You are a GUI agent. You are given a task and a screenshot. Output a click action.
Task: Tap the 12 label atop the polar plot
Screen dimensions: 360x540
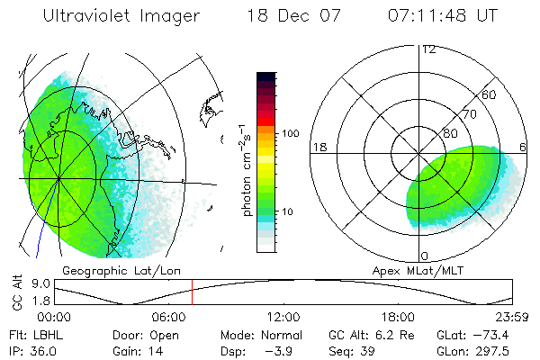click(x=428, y=49)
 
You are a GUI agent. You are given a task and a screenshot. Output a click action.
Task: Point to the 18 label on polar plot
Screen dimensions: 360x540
click(x=318, y=147)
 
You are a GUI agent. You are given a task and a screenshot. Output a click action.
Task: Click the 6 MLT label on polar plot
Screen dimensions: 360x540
click(x=525, y=147)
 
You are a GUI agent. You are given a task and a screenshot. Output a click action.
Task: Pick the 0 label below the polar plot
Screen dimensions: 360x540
click(x=425, y=256)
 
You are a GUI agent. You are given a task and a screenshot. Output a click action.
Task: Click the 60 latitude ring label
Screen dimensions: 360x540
click(x=490, y=94)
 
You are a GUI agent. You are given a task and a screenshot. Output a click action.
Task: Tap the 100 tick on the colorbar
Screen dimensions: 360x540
click(x=289, y=133)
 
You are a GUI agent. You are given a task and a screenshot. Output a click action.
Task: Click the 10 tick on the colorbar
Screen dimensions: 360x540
click(x=286, y=212)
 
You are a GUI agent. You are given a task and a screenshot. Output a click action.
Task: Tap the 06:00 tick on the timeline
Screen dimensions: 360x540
click(x=169, y=318)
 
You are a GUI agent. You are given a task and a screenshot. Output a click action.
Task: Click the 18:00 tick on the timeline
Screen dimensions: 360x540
click(x=398, y=318)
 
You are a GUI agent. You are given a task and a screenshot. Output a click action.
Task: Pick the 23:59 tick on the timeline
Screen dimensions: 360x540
click(x=513, y=318)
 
